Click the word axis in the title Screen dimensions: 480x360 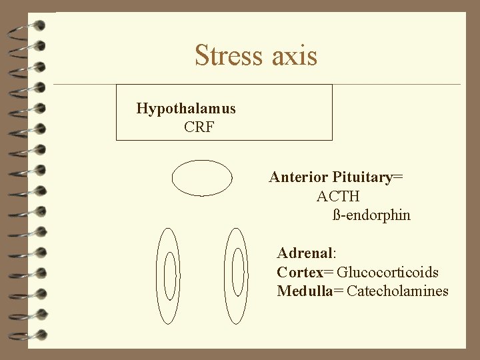pos(294,56)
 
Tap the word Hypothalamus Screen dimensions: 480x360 pos(186,108)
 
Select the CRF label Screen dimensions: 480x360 pos(199,127)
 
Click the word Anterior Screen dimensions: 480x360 pos(298,177)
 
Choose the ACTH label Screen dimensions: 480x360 pos(338,197)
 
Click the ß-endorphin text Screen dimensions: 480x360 pos(371,215)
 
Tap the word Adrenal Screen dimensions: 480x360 pos(305,253)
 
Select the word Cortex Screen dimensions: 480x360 pos(299,272)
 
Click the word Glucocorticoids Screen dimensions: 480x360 pos(388,272)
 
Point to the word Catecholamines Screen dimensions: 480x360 pos(398,291)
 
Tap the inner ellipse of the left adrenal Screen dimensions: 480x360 pos(169,276)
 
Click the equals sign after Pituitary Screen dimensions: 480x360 pos(398,178)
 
